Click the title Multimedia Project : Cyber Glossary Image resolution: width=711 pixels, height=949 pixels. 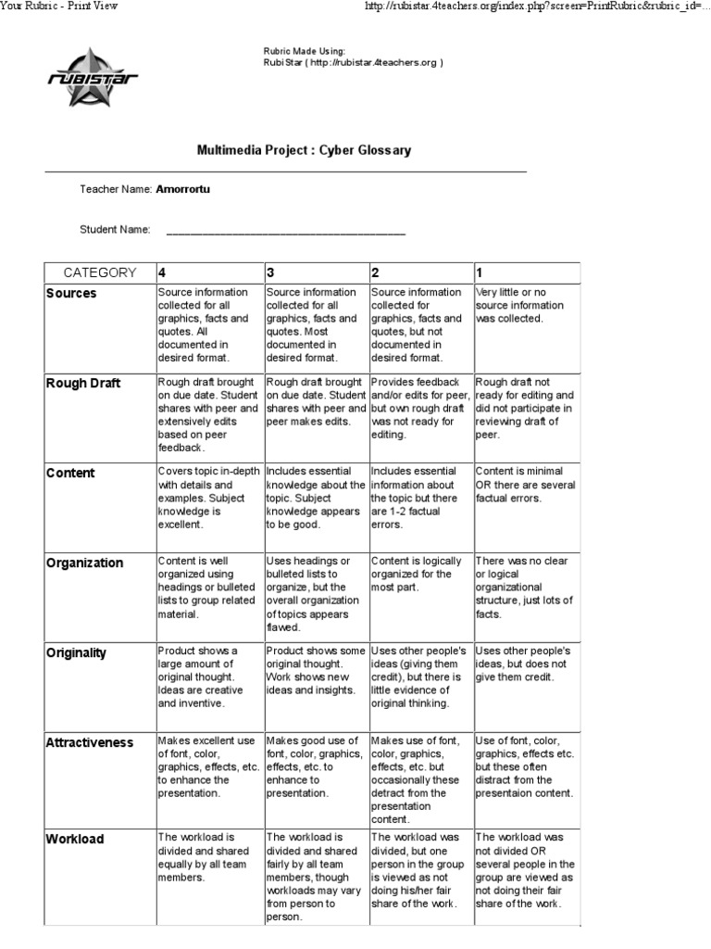304,150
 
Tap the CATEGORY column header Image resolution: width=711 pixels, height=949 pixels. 99,272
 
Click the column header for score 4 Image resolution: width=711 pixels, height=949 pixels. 163,272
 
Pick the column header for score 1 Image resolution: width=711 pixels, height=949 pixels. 480,272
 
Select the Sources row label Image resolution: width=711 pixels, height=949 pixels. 71,294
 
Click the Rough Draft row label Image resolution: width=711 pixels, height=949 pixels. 83,384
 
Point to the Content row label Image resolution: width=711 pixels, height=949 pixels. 70,474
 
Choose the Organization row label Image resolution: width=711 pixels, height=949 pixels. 84,563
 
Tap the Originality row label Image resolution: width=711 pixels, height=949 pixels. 77,653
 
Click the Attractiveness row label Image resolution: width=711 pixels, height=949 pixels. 90,743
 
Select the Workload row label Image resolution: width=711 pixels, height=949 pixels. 75,840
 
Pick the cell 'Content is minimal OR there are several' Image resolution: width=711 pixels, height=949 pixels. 525,485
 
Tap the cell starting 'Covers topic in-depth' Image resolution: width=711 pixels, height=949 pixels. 209,498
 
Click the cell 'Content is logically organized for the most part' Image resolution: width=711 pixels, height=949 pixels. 419,574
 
